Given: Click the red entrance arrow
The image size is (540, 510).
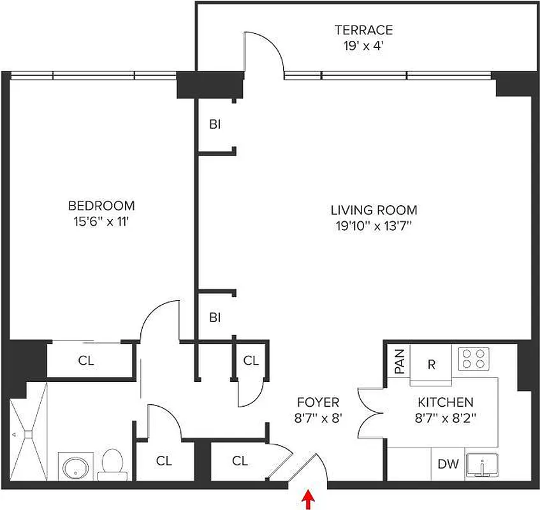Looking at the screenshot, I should coord(310,499).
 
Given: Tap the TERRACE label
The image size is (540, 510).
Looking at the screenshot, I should coord(363,30).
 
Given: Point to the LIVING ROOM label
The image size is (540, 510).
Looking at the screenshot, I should coord(374,210).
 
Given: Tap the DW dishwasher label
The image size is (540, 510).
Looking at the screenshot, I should coord(448,464).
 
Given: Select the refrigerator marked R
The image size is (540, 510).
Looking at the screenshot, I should coord(431,365).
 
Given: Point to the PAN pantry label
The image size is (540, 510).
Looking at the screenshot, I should coord(400,361).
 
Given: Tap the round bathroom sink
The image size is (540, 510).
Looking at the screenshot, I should coord(77,468).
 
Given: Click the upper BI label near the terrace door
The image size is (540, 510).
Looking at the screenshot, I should coord(215,125).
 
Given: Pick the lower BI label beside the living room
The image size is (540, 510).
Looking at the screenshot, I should coord(215,317).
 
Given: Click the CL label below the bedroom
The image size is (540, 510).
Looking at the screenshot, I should coord(86,361).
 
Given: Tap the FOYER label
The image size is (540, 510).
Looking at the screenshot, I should coord(317,403).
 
